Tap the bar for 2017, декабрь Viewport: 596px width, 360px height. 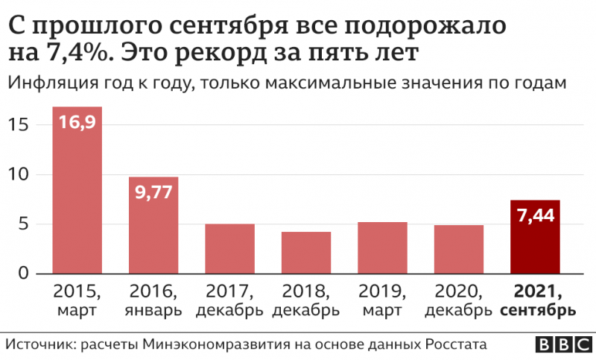229,249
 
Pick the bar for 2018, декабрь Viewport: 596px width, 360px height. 306,253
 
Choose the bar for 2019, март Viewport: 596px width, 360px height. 382,248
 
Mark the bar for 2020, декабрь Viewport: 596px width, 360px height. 459,250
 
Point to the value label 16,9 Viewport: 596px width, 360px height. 77,122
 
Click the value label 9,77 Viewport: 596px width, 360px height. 153,192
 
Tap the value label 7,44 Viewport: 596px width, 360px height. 535,216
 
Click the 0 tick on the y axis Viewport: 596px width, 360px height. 24,274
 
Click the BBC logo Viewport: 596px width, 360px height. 562,345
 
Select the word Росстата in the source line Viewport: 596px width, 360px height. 456,345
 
